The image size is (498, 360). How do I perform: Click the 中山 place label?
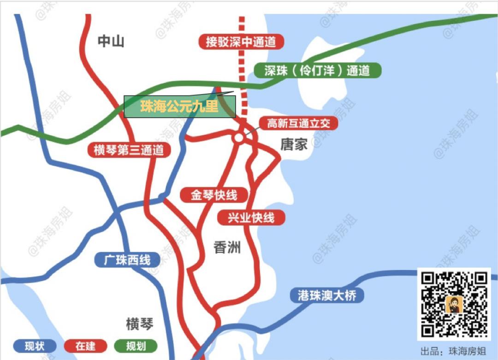point(111,42)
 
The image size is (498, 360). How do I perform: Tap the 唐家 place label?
point(294,145)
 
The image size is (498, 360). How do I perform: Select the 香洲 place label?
point(227,248)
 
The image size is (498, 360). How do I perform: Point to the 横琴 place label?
point(139,324)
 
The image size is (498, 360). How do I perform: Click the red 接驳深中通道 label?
point(241,42)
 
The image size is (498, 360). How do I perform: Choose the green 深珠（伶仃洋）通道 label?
point(318,71)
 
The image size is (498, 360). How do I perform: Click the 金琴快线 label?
point(214,195)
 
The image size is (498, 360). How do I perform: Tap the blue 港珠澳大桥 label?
point(327,295)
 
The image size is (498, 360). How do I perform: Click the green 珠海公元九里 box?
point(180,107)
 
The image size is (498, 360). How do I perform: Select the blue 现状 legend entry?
point(35,346)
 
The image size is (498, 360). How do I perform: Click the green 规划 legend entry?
point(136,346)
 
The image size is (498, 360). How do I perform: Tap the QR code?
point(454,304)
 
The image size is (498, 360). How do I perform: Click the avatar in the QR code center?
point(454,304)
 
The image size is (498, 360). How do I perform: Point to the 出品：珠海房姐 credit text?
point(453,351)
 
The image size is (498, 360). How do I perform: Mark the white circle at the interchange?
point(238,138)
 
